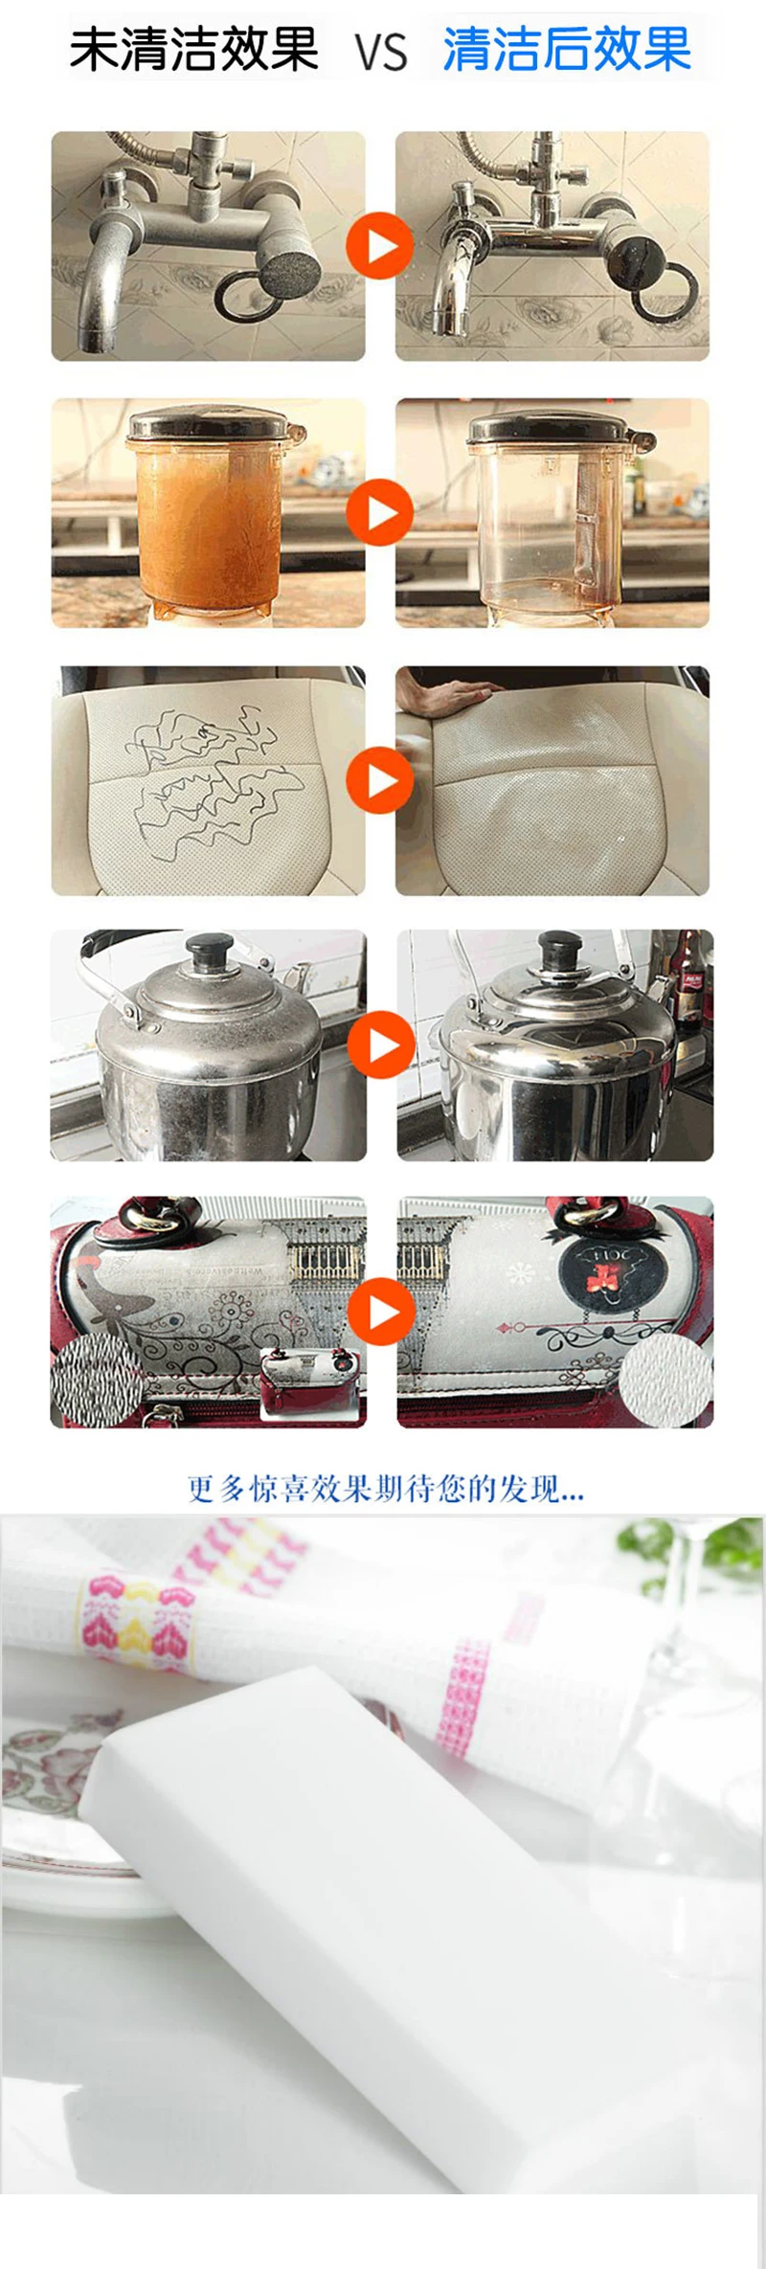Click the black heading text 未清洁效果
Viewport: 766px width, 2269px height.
193,50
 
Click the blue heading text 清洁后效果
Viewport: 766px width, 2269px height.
566,50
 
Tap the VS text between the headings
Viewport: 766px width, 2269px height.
382,54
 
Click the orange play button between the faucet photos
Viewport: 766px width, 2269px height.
379,246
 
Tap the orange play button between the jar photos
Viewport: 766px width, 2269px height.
379,512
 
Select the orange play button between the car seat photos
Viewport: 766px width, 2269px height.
379,780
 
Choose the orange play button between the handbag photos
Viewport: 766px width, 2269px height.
381,1311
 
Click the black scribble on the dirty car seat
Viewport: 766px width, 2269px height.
206,775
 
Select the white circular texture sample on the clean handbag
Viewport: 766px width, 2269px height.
665,1380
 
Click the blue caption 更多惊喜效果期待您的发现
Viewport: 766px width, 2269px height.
385,1489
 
